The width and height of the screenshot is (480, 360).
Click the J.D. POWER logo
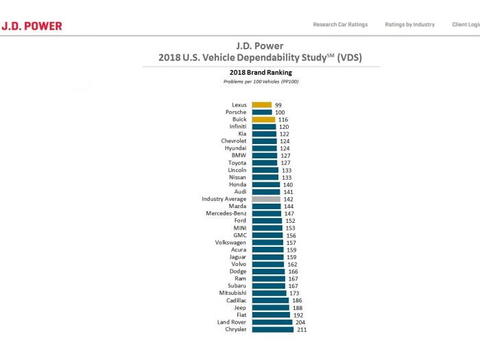point(32,26)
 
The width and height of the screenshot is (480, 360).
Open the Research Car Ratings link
point(340,25)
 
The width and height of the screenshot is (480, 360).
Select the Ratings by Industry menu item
point(410,25)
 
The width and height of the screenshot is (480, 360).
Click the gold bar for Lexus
point(261,105)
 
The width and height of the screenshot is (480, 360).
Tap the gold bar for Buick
point(263,119)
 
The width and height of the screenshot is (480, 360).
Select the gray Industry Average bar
point(266,199)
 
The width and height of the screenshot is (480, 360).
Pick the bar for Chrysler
point(273,329)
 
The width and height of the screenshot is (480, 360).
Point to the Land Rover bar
point(272,322)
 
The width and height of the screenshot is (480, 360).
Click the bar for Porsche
point(261,112)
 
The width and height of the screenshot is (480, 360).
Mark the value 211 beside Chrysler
point(302,329)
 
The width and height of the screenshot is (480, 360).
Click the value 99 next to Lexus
point(278,105)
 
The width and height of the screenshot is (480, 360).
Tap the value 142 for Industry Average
point(288,199)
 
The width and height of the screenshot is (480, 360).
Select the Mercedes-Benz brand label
point(226,213)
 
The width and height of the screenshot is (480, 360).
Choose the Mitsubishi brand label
point(233,293)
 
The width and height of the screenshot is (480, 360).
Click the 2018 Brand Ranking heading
point(261,71)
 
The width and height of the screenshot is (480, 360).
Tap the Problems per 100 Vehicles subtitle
point(261,82)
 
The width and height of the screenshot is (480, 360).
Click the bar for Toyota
point(265,163)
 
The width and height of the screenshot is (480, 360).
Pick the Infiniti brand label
point(238,127)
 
